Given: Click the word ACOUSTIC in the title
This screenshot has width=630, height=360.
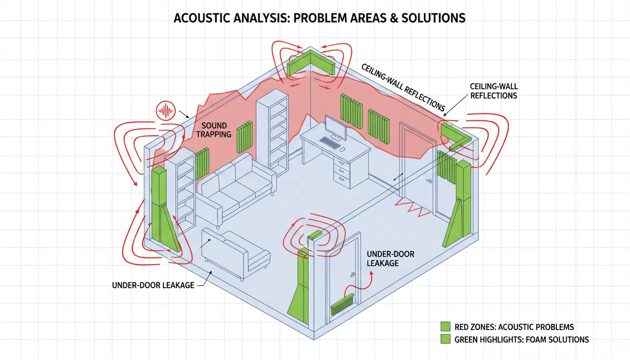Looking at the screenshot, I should click(x=200, y=18).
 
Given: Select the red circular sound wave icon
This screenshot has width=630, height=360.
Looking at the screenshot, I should click(x=165, y=111).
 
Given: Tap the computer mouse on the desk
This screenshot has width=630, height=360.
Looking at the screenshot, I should click(x=343, y=149).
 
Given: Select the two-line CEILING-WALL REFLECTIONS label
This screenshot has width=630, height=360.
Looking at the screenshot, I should click(x=493, y=91).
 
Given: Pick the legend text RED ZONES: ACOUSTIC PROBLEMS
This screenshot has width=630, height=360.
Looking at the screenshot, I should click(x=514, y=327).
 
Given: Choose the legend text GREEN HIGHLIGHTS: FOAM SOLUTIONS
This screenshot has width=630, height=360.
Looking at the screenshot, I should click(x=522, y=339).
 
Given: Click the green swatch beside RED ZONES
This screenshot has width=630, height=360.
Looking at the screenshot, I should click(x=446, y=327).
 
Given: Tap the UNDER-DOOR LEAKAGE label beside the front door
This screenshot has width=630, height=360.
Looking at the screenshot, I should click(x=390, y=259).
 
